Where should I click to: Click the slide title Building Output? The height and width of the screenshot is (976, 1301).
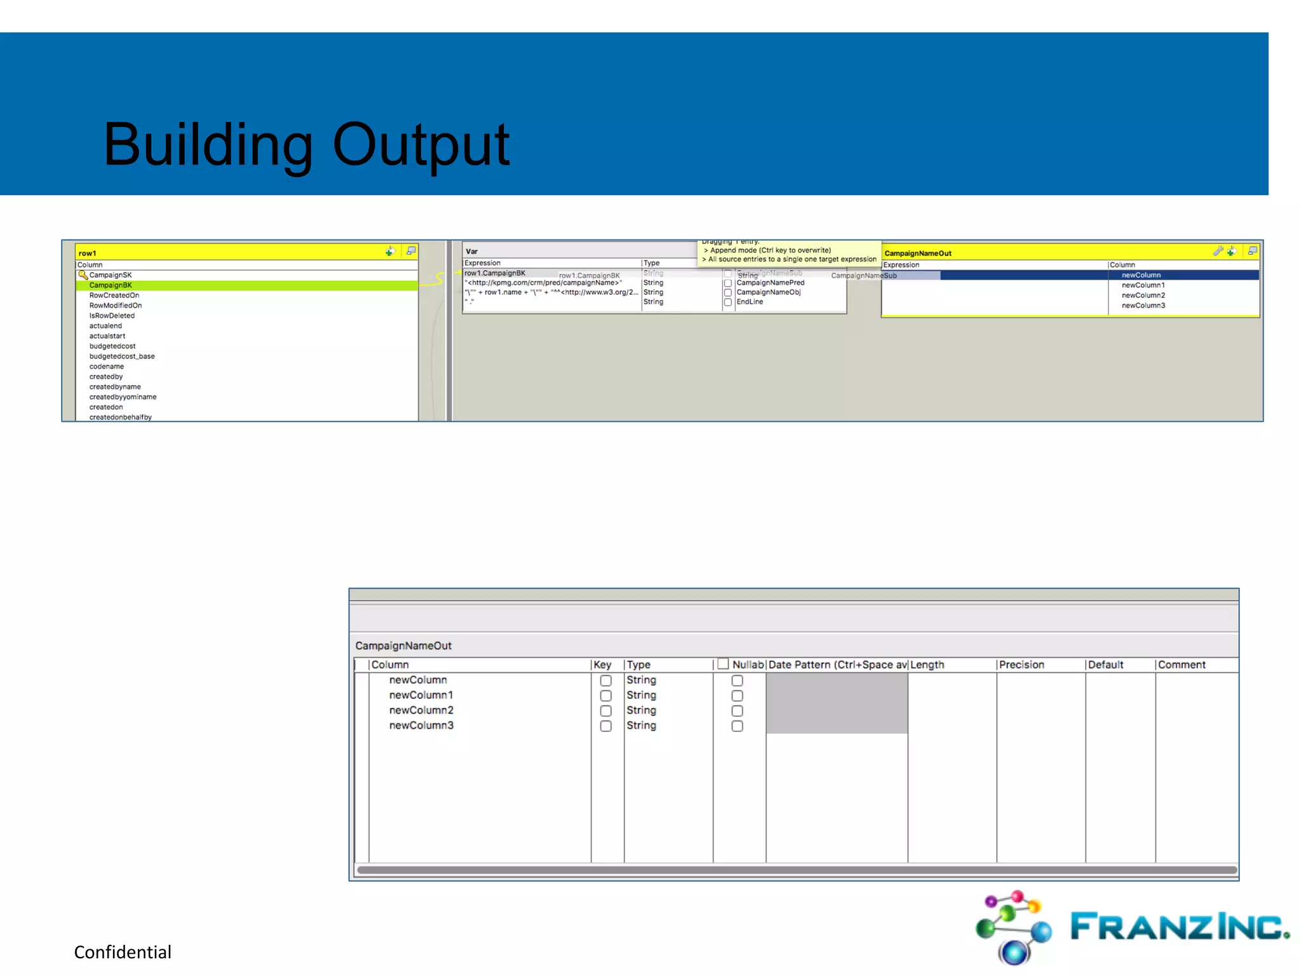tap(306, 145)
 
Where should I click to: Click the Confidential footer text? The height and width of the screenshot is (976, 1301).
tap(123, 952)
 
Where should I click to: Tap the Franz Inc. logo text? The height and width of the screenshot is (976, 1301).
tap(1179, 926)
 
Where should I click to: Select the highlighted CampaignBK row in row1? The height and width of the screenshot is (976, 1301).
tap(111, 285)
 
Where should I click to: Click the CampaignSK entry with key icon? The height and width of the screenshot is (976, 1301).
tap(110, 275)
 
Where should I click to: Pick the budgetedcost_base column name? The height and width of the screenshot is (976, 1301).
tap(122, 356)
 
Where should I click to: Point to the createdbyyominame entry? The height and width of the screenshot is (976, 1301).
tap(123, 397)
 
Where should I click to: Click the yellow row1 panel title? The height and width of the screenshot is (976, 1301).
tap(88, 253)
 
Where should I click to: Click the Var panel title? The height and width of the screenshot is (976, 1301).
tap(471, 252)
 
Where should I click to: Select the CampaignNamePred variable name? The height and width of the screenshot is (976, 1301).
tap(770, 283)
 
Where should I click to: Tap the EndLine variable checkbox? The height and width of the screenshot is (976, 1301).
tap(728, 302)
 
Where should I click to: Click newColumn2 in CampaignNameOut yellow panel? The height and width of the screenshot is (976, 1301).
tap(1143, 295)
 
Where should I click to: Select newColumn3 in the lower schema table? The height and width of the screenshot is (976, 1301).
tap(421, 726)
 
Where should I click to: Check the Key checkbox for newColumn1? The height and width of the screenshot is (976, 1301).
tap(606, 696)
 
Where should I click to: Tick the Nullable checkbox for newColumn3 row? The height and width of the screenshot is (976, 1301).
tap(737, 726)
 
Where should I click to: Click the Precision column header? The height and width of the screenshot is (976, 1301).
tap(1021, 665)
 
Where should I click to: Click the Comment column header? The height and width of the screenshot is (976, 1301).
tap(1181, 665)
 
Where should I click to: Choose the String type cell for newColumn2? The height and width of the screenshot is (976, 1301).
tap(641, 710)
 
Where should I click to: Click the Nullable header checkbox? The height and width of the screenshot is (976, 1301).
tap(723, 664)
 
